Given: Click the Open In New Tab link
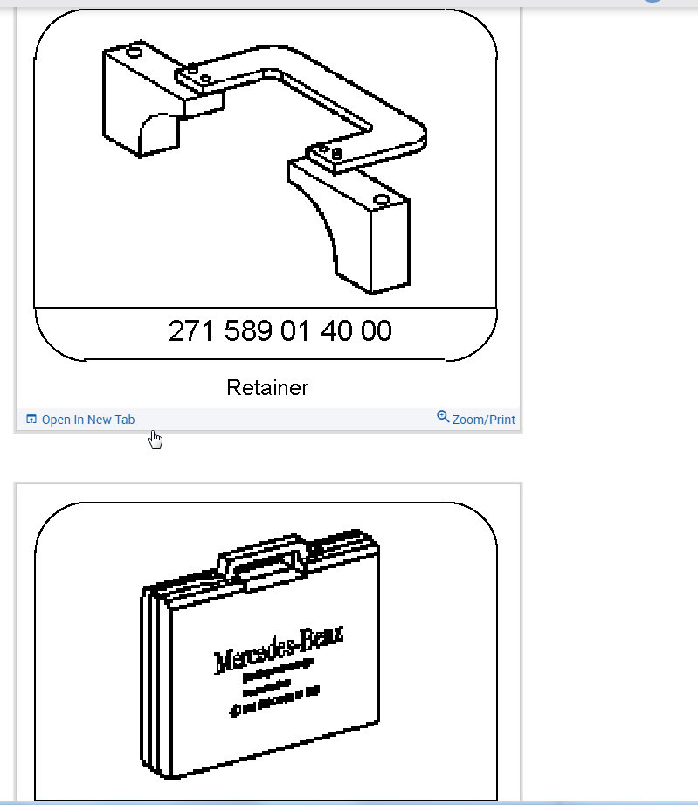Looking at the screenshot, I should click(x=88, y=420).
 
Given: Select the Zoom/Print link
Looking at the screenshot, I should click(x=483, y=420).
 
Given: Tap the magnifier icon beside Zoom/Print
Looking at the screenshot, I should click(x=443, y=417).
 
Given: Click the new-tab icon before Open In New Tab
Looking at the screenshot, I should click(x=31, y=420).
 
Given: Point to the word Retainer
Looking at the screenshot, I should click(x=267, y=387).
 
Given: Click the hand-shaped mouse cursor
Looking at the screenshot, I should click(x=155, y=440).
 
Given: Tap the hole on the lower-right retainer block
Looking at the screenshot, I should click(x=381, y=200).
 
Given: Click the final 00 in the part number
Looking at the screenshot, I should click(x=376, y=331).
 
